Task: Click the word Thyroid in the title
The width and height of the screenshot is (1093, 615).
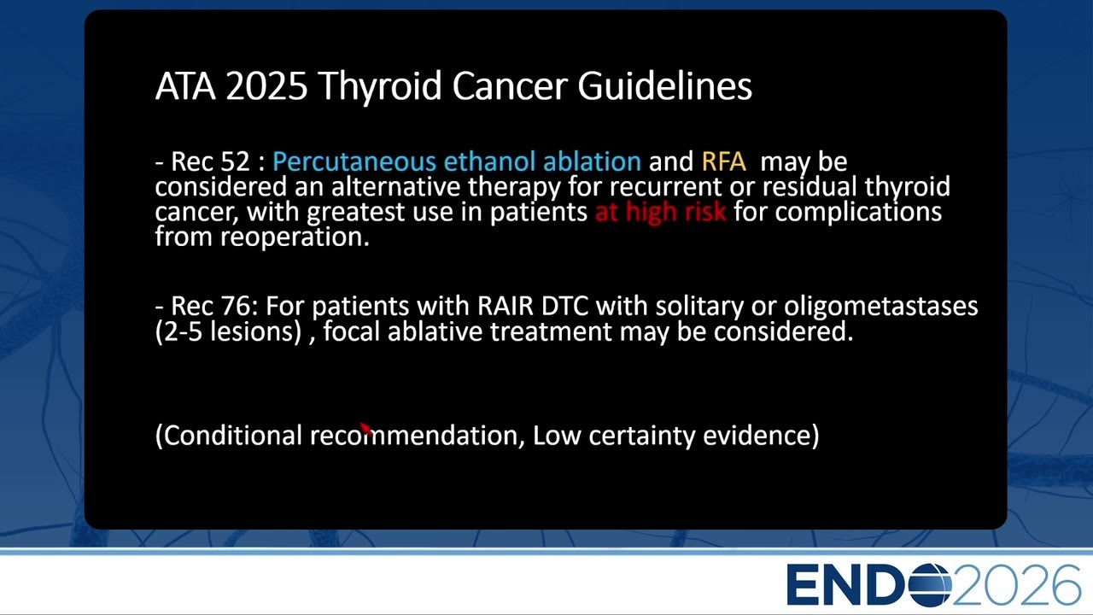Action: [381, 87]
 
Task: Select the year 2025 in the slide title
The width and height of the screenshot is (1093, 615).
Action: [266, 86]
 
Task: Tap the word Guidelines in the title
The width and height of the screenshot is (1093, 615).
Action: [664, 86]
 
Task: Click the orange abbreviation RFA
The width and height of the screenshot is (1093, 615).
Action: [723, 161]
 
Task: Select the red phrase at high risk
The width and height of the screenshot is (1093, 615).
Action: [660, 212]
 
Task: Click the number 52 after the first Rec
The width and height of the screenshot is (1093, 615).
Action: [235, 161]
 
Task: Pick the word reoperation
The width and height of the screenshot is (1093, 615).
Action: [295, 237]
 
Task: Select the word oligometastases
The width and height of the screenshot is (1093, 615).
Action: [880, 307]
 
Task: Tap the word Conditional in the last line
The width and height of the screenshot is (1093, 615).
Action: [233, 435]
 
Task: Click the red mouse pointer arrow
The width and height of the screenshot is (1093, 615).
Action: [366, 429]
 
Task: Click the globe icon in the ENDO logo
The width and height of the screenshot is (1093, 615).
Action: [930, 585]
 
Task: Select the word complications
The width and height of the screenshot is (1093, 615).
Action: [858, 213]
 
